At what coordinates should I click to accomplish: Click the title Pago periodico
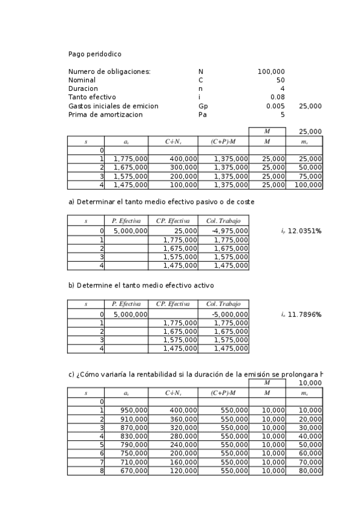[x=94, y=54]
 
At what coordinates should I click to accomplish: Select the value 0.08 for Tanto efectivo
[x=277, y=97]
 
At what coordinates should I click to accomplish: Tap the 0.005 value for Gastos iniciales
[x=275, y=106]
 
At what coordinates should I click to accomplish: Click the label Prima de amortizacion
[x=105, y=114]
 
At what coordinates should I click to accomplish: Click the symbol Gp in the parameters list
[x=202, y=106]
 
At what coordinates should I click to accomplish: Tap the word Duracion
[x=83, y=88]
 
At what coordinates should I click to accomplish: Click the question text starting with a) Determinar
[x=161, y=202]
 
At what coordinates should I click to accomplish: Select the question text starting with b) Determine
[x=141, y=286]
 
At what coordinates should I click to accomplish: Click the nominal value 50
[x=281, y=80]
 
